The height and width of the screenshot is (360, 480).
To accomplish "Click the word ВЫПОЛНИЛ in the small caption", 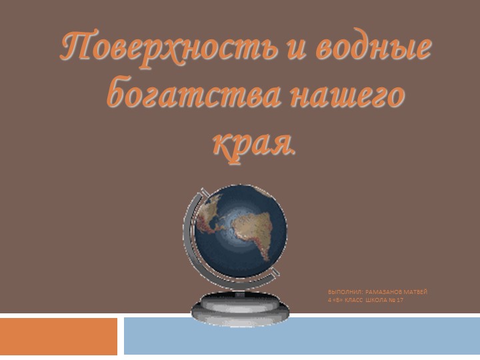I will point(345,292).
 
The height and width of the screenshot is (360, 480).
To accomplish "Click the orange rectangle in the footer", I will point(59,336).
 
